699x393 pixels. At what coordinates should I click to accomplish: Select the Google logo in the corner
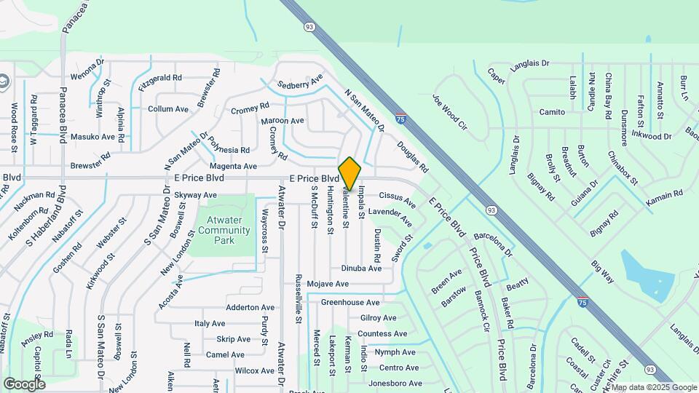[x=24, y=384]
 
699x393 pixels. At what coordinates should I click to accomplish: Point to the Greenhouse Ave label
[x=350, y=302]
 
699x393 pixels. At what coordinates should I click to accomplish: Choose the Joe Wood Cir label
[x=449, y=112]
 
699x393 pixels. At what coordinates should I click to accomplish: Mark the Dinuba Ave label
[x=361, y=269]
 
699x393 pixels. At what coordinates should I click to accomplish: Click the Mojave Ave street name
[x=328, y=284]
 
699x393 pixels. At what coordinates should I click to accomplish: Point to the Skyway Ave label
[x=196, y=195]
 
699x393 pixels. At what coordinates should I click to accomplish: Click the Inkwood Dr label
[x=652, y=135]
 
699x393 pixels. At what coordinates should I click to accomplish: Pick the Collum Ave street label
[x=168, y=109]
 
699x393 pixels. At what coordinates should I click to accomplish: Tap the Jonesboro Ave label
[x=395, y=384]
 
